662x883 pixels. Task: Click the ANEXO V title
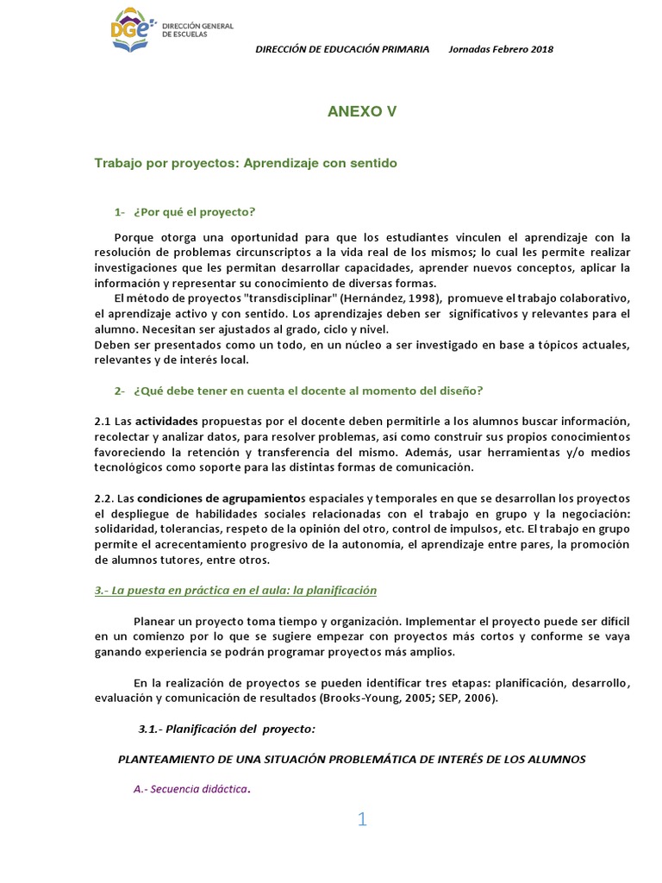[362, 111]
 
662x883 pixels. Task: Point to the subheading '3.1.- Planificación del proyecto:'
[228, 729]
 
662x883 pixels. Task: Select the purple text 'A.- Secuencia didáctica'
[190, 789]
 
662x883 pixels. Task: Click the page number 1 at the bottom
[363, 820]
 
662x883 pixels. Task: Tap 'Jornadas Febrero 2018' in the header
[501, 49]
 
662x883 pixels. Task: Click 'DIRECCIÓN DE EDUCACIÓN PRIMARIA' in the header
[343, 49]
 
